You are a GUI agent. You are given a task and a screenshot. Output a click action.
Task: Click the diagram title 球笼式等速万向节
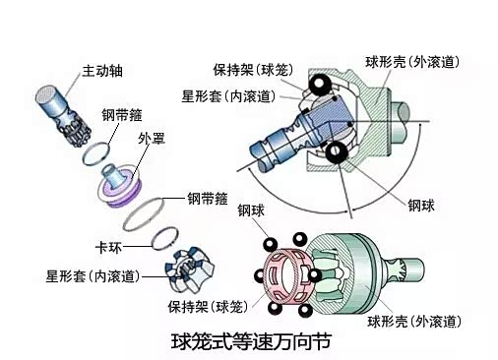[251, 341]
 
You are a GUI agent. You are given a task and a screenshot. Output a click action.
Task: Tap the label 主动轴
[102, 71]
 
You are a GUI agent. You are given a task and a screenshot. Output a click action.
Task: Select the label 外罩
[152, 139]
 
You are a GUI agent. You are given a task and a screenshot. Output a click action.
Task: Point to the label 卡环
[108, 247]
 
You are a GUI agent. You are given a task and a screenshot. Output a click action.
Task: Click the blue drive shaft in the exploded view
[63, 115]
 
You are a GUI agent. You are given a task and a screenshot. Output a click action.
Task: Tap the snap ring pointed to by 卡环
[165, 238]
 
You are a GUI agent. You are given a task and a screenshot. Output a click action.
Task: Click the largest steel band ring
[144, 214]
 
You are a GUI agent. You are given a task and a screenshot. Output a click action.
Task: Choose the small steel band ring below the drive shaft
[96, 153]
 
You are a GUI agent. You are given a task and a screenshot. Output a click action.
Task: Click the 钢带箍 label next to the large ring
[208, 199]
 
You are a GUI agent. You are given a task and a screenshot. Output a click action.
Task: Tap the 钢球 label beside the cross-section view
[421, 206]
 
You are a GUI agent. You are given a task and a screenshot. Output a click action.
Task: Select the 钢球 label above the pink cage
[251, 210]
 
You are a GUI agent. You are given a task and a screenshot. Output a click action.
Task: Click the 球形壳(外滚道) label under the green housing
[413, 322]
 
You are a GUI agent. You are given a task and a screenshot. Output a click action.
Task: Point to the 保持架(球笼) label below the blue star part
[208, 307]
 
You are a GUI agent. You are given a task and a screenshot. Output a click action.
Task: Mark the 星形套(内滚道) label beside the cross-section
[228, 96]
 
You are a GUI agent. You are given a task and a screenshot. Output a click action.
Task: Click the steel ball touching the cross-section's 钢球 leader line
[337, 152]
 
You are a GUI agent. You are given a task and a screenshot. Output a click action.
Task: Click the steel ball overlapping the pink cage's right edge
[314, 275]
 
